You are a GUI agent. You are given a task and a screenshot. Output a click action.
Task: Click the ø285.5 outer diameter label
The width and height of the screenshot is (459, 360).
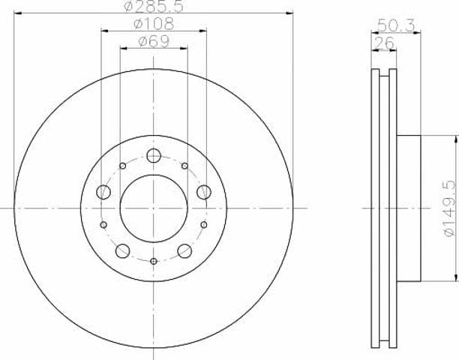tap(154, 6)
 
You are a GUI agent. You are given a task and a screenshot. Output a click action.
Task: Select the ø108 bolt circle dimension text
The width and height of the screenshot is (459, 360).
tap(154, 24)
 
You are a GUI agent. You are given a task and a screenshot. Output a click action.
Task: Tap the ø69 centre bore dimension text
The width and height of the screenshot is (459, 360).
tap(154, 41)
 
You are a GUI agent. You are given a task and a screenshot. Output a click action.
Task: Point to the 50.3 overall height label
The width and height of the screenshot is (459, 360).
tap(396, 25)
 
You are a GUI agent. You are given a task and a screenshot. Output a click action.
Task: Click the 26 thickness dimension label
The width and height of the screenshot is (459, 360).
tap(384, 43)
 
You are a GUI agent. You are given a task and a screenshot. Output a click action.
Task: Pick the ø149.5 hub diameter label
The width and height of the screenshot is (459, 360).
tap(450, 208)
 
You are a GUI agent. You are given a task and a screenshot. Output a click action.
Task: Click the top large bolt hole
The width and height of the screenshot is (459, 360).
tap(154, 155)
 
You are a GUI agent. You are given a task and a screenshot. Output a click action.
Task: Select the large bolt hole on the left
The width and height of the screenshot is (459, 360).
tap(103, 192)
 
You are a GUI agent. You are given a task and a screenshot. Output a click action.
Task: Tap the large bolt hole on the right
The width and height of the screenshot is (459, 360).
tap(204, 192)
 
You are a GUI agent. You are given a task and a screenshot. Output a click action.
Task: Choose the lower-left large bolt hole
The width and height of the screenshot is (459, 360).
tap(123, 250)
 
